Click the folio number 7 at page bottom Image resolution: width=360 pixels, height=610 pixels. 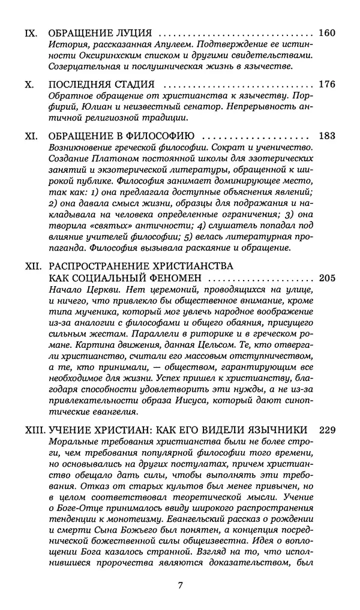point(180,584)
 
